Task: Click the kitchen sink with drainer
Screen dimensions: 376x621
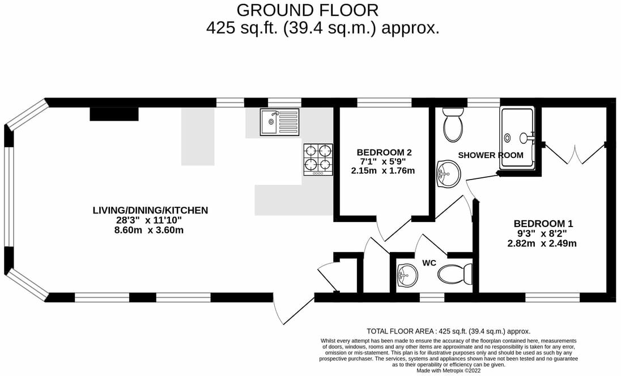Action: click(279, 122)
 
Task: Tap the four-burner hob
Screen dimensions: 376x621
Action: click(318, 159)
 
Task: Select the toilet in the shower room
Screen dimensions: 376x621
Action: click(453, 125)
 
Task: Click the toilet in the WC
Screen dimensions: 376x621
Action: click(455, 275)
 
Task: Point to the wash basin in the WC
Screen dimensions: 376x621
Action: click(406, 276)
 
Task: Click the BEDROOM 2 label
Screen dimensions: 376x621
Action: click(384, 152)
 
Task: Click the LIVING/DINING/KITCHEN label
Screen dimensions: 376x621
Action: click(150, 210)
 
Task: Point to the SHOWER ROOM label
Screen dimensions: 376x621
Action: click(490, 155)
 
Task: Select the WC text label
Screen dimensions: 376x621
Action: click(429, 263)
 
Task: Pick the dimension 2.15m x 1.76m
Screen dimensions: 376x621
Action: click(384, 170)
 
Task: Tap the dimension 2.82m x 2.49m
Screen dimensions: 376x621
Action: click(542, 243)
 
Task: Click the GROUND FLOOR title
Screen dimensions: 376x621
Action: click(307, 10)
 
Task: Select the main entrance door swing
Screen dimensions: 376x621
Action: click(283, 310)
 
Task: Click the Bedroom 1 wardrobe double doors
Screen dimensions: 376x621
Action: click(575, 154)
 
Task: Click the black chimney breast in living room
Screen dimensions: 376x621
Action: click(114, 114)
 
